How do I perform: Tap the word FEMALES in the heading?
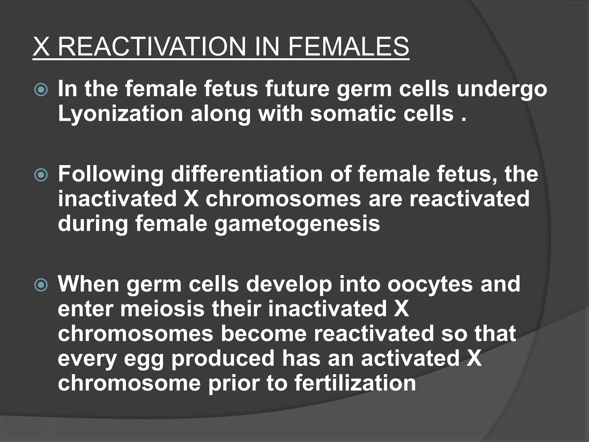pyautogui.click(x=348, y=47)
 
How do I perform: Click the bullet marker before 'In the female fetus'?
pyautogui.click(x=41, y=90)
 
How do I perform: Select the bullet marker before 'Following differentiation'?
pyautogui.click(x=41, y=175)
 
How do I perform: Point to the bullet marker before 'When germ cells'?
pyautogui.click(x=41, y=285)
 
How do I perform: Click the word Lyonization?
pyautogui.click(x=121, y=114)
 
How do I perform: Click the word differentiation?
pyautogui.click(x=247, y=174)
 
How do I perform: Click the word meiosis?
pyautogui.click(x=162, y=309)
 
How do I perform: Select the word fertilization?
pyautogui.click(x=355, y=383)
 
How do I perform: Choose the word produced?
pyautogui.click(x=223, y=359)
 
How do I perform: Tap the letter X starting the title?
pyautogui.click(x=41, y=47)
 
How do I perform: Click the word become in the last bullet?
pyautogui.click(x=264, y=334)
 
